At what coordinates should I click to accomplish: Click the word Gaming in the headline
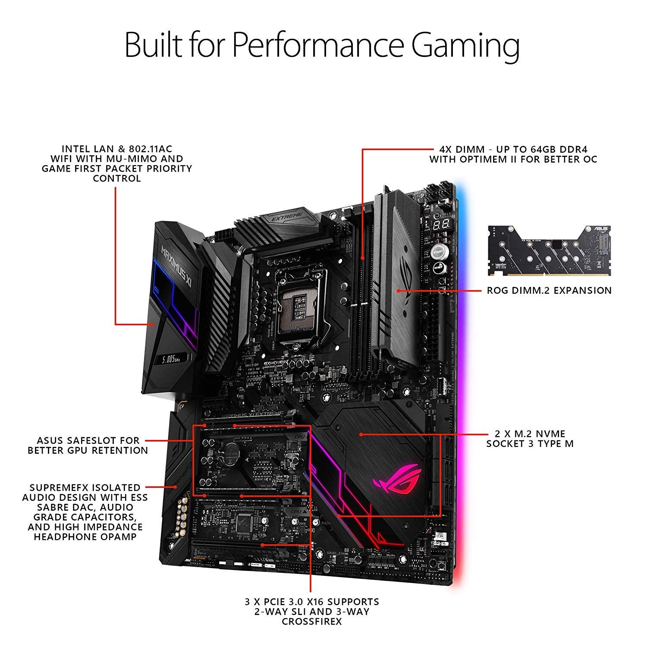click(465, 47)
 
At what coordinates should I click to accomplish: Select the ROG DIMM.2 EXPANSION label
click(549, 290)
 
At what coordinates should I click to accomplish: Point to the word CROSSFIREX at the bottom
click(312, 622)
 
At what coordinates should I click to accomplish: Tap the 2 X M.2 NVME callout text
click(530, 433)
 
